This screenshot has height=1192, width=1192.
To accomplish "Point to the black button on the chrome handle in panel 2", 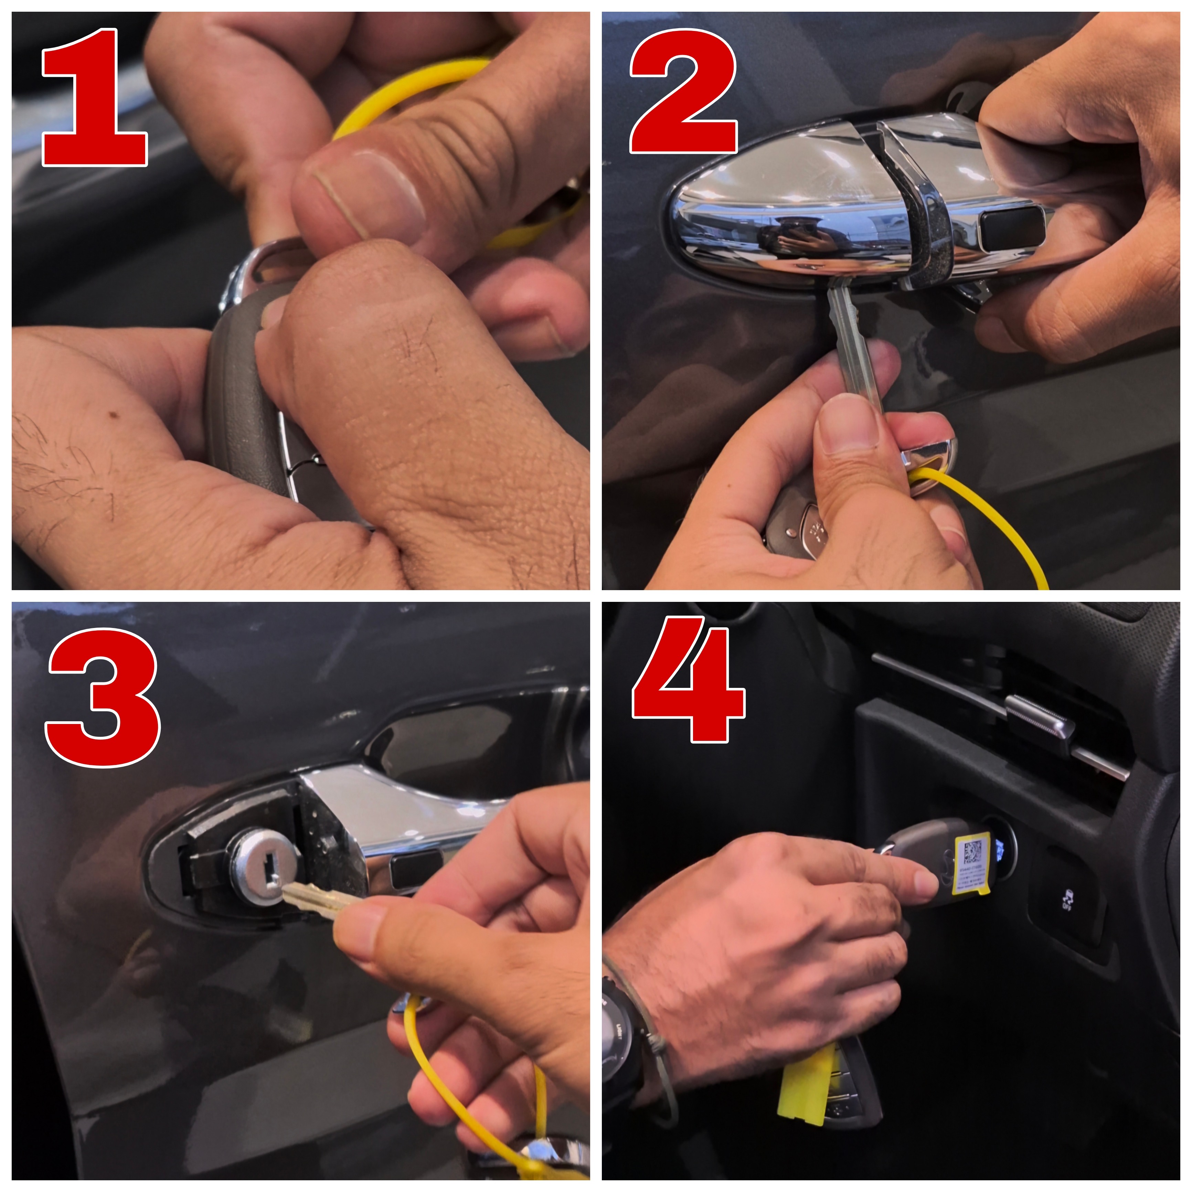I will (1012, 228).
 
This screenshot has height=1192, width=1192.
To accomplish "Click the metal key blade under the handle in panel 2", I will (854, 345).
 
